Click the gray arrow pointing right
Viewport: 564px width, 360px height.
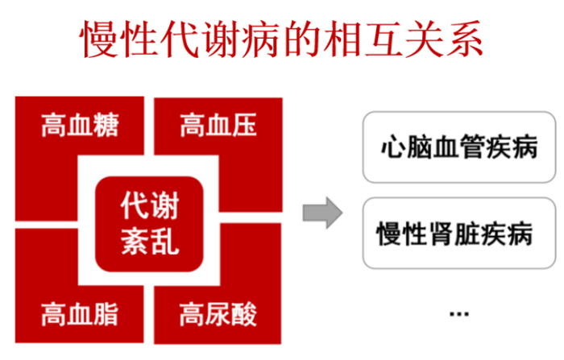tap(322, 213)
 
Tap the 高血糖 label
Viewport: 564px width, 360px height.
tap(80, 125)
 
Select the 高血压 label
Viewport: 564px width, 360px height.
tap(218, 125)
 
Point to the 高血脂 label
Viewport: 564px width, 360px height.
tap(80, 314)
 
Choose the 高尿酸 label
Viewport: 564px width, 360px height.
tap(218, 314)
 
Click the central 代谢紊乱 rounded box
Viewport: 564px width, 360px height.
tap(149, 224)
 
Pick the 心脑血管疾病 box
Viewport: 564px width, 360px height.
tap(459, 147)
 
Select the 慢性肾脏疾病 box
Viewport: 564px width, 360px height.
tap(459, 233)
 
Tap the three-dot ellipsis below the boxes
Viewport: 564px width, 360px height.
tap(459, 314)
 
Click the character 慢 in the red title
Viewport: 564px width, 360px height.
tap(99, 39)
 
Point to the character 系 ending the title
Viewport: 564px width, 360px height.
tap(464, 39)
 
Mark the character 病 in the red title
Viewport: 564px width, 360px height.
tap(260, 39)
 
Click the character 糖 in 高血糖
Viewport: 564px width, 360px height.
tap(106, 125)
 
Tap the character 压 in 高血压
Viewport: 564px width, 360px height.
tap(244, 125)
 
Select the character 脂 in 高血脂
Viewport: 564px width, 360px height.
tap(106, 314)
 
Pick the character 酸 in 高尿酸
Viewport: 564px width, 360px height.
tap(244, 314)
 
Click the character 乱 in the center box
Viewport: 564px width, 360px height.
tap(164, 241)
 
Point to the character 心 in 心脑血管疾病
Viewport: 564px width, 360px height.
tap(393, 147)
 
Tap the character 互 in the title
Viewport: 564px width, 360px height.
tap(383, 39)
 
